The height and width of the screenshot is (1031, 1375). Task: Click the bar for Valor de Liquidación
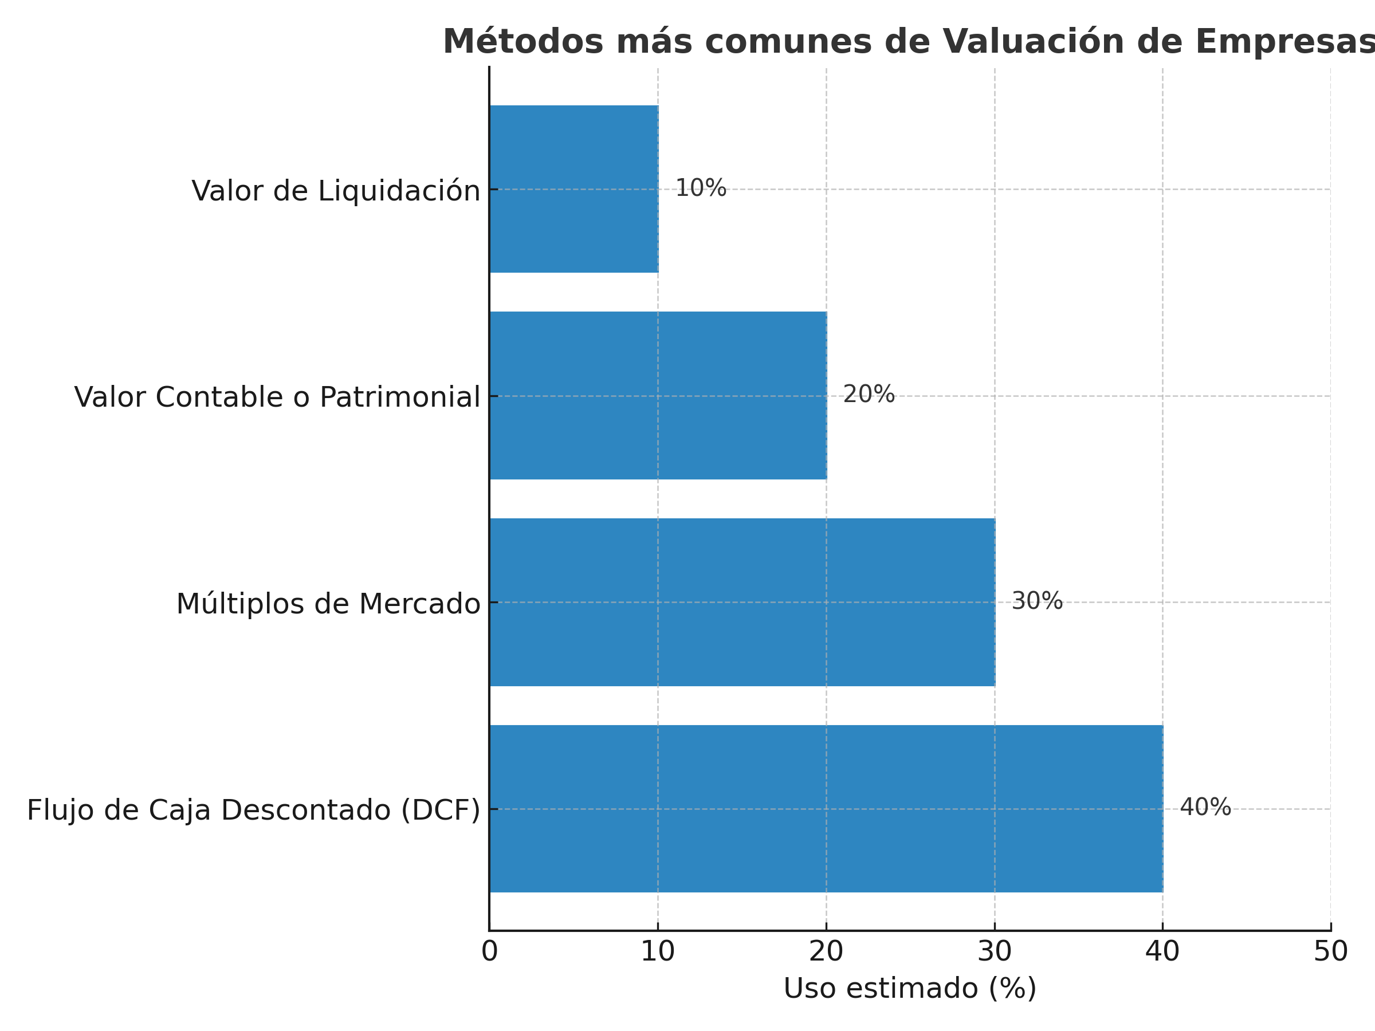click(573, 189)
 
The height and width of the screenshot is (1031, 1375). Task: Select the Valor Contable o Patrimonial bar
click(658, 395)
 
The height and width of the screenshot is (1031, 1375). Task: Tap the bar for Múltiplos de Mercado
click(742, 601)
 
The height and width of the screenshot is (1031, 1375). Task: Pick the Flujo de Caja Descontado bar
click(826, 809)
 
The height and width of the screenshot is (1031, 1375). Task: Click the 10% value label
click(701, 188)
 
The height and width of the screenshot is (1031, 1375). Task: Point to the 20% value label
click(869, 395)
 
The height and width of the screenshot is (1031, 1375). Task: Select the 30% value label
click(1037, 601)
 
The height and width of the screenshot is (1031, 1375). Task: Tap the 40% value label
click(1205, 807)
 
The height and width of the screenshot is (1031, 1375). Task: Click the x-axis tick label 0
click(490, 951)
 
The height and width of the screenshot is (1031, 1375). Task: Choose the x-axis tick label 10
click(658, 951)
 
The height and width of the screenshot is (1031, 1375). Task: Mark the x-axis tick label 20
click(826, 951)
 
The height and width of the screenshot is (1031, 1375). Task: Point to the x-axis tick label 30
click(995, 951)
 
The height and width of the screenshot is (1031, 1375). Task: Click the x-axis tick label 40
click(1162, 951)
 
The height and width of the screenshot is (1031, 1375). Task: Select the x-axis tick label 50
click(1331, 951)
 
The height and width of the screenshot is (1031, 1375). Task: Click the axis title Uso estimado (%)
click(910, 988)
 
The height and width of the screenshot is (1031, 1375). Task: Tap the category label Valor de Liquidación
click(336, 191)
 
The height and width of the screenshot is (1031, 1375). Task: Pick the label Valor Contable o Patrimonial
click(277, 397)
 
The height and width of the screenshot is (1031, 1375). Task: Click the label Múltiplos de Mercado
click(328, 604)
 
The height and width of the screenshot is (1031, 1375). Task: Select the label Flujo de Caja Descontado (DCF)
click(254, 810)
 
